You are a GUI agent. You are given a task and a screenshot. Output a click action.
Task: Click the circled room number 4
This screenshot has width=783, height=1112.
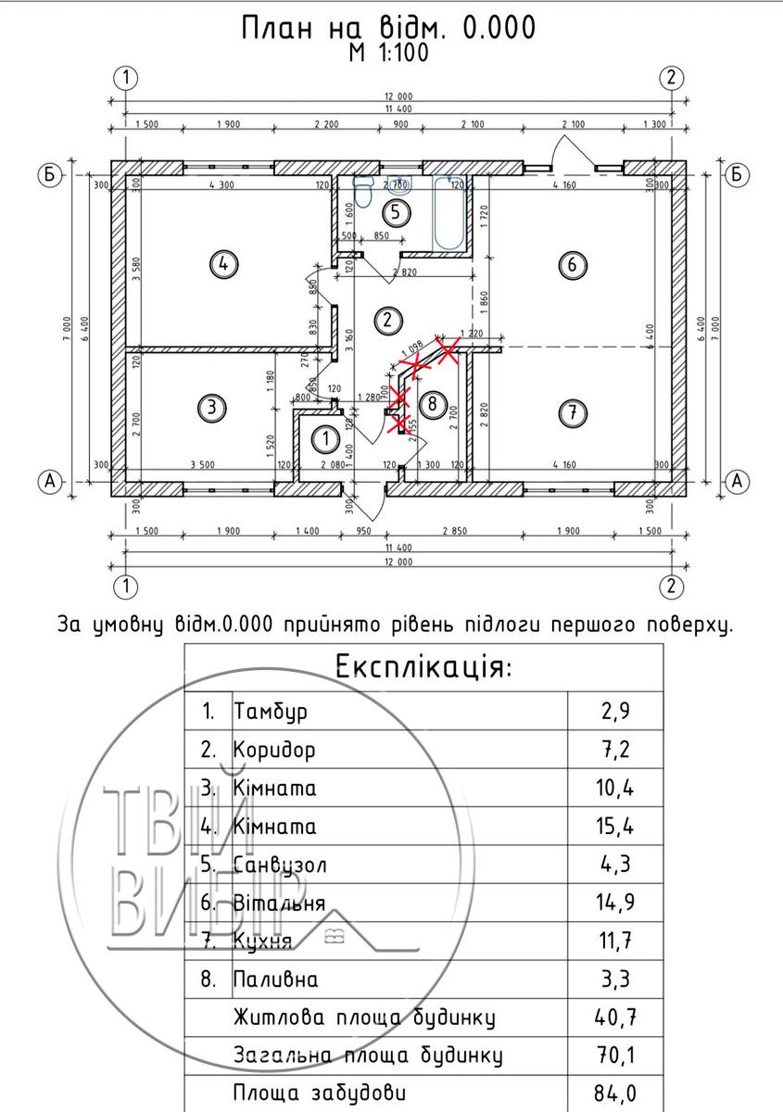(222, 264)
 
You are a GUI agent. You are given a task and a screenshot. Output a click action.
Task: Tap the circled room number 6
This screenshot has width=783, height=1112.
(573, 265)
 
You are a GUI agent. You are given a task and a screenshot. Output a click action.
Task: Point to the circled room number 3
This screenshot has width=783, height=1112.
(212, 406)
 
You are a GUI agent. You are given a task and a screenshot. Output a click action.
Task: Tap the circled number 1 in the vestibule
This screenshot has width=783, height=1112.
(325, 436)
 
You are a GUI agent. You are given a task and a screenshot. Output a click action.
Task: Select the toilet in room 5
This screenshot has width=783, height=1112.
(363, 192)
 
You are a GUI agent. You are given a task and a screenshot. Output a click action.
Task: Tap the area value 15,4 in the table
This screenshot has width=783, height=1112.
(615, 826)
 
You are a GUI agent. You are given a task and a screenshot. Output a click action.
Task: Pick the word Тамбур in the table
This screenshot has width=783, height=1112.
(271, 712)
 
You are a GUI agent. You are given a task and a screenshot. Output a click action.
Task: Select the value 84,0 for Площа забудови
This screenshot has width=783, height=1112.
(615, 1093)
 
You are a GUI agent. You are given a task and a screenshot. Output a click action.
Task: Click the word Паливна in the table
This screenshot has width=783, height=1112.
(276, 979)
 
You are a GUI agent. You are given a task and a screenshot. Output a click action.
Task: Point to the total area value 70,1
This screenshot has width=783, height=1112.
(615, 1055)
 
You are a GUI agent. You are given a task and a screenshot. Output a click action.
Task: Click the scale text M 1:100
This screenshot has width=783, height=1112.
(388, 54)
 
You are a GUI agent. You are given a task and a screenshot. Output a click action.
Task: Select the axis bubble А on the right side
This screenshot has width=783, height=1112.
(738, 480)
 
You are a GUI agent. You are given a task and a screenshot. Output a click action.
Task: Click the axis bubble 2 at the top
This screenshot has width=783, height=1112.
(672, 77)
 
